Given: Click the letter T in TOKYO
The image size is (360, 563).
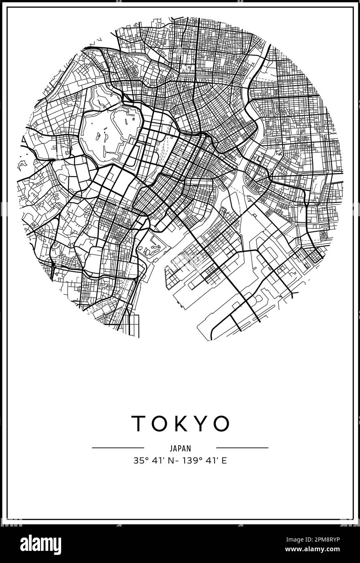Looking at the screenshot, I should [138, 423].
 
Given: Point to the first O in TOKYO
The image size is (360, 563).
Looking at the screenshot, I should [158, 423].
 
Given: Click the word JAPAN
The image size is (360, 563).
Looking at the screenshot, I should [180, 448].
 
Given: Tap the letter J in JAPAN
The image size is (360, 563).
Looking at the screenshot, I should [171, 448].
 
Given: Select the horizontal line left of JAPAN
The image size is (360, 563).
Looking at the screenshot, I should [118, 448].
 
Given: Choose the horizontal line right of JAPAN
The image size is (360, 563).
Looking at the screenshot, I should [242, 448].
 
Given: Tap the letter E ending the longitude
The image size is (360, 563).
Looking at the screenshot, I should [224, 461].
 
